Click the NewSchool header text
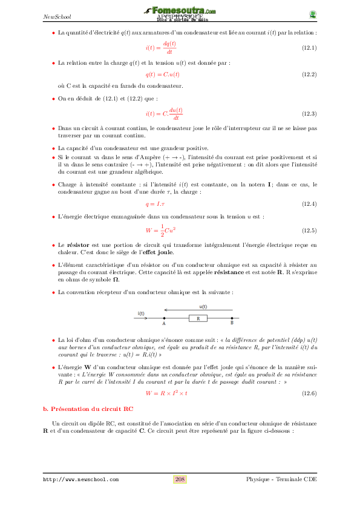56,16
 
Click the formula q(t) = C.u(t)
163,74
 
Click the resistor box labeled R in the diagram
198,318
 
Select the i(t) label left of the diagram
141,314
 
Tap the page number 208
180,479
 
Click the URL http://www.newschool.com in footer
80,480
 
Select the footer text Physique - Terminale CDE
281,479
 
